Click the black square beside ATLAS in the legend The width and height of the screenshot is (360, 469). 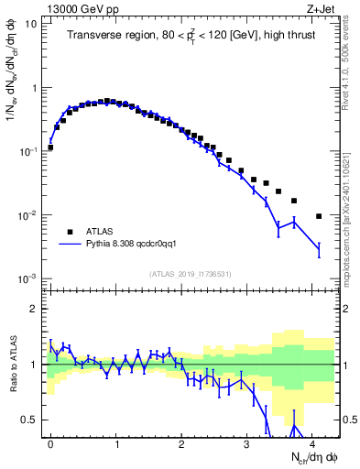tap(70, 232)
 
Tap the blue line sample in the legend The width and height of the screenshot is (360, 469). tap(70, 245)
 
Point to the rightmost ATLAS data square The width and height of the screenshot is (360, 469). tap(319, 216)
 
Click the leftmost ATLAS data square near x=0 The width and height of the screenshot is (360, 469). tap(50, 147)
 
